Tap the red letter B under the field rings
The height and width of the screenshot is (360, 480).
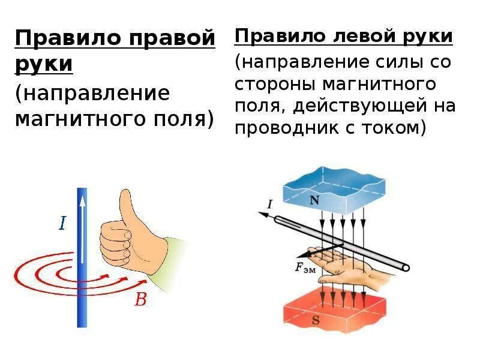140,299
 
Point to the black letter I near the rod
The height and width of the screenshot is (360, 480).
269,205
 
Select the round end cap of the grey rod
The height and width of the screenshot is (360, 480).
406,267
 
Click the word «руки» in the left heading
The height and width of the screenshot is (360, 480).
44,64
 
